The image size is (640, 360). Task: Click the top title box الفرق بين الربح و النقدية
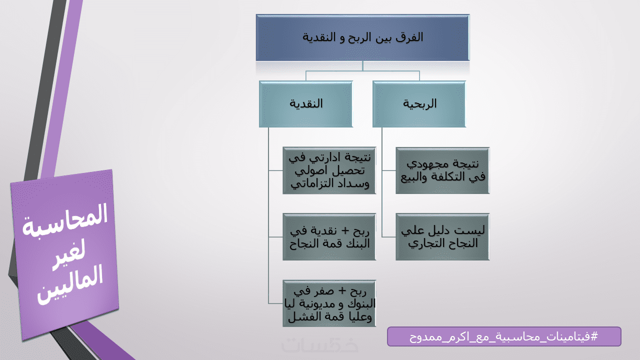pyautogui.click(x=362, y=37)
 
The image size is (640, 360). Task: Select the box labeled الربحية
pyautogui.click(x=419, y=104)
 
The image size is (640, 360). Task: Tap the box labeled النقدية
pyautogui.click(x=306, y=104)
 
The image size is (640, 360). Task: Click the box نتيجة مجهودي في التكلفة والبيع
pyautogui.click(x=442, y=170)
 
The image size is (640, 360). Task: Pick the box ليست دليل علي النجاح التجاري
pyautogui.click(x=442, y=236)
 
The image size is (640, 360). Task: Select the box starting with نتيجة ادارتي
pyautogui.click(x=329, y=170)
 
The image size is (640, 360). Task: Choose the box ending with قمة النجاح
pyautogui.click(x=329, y=236)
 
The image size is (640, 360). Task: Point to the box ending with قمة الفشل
pyautogui.click(x=329, y=303)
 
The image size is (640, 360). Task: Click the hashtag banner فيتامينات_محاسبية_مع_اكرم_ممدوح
pyautogui.click(x=504, y=336)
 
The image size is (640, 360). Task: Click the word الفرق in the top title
pyautogui.click(x=409, y=37)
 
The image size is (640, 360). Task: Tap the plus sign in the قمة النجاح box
pyautogui.click(x=345, y=231)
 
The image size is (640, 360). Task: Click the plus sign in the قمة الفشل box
pyautogui.click(x=342, y=291)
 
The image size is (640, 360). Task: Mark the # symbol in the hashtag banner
pyautogui.click(x=594, y=336)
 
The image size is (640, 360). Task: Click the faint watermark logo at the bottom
pyautogui.click(x=319, y=345)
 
